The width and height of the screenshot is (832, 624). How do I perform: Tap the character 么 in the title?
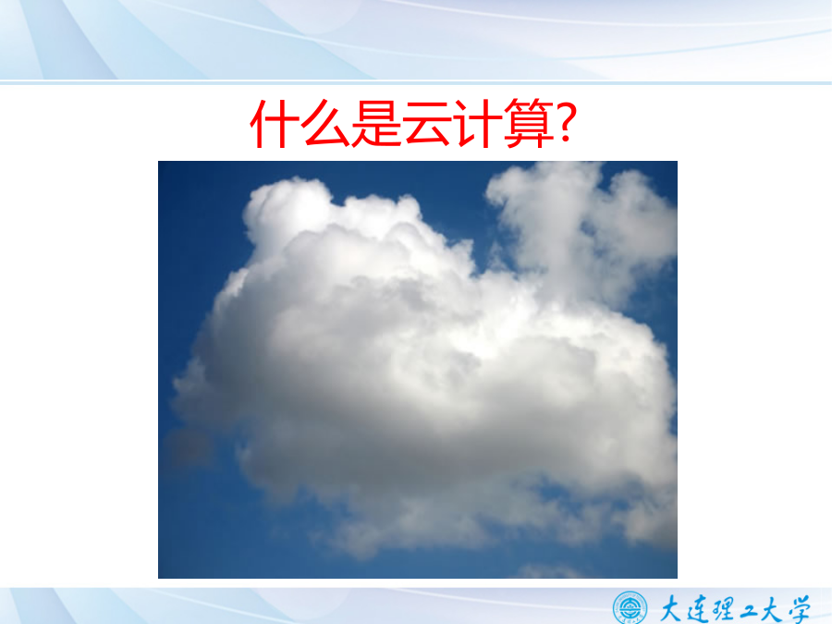324,124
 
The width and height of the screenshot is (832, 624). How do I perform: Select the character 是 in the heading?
375,124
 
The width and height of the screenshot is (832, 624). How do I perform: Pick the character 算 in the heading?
529,124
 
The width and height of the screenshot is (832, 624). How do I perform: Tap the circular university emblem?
630,607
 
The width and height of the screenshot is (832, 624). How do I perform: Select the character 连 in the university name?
697,608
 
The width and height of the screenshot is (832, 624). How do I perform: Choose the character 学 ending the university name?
799,609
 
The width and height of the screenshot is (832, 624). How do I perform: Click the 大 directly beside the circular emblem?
671,608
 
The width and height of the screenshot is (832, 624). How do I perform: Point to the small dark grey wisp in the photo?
187,446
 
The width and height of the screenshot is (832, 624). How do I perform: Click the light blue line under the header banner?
416,83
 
